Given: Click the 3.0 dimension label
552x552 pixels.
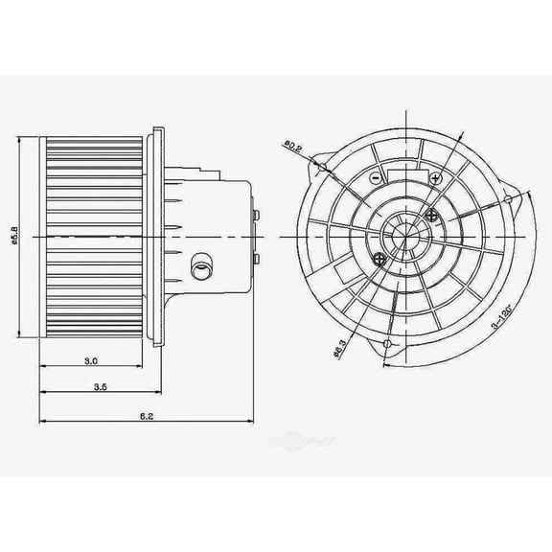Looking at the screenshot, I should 91,361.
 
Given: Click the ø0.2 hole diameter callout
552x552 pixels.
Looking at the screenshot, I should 291,150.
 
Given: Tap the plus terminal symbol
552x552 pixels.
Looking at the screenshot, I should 436,179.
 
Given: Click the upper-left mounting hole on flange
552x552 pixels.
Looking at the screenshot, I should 323,169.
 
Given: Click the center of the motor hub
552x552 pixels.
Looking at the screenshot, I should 402,234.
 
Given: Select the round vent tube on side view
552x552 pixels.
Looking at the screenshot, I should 201,267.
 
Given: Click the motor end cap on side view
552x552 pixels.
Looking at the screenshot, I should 255,233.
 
